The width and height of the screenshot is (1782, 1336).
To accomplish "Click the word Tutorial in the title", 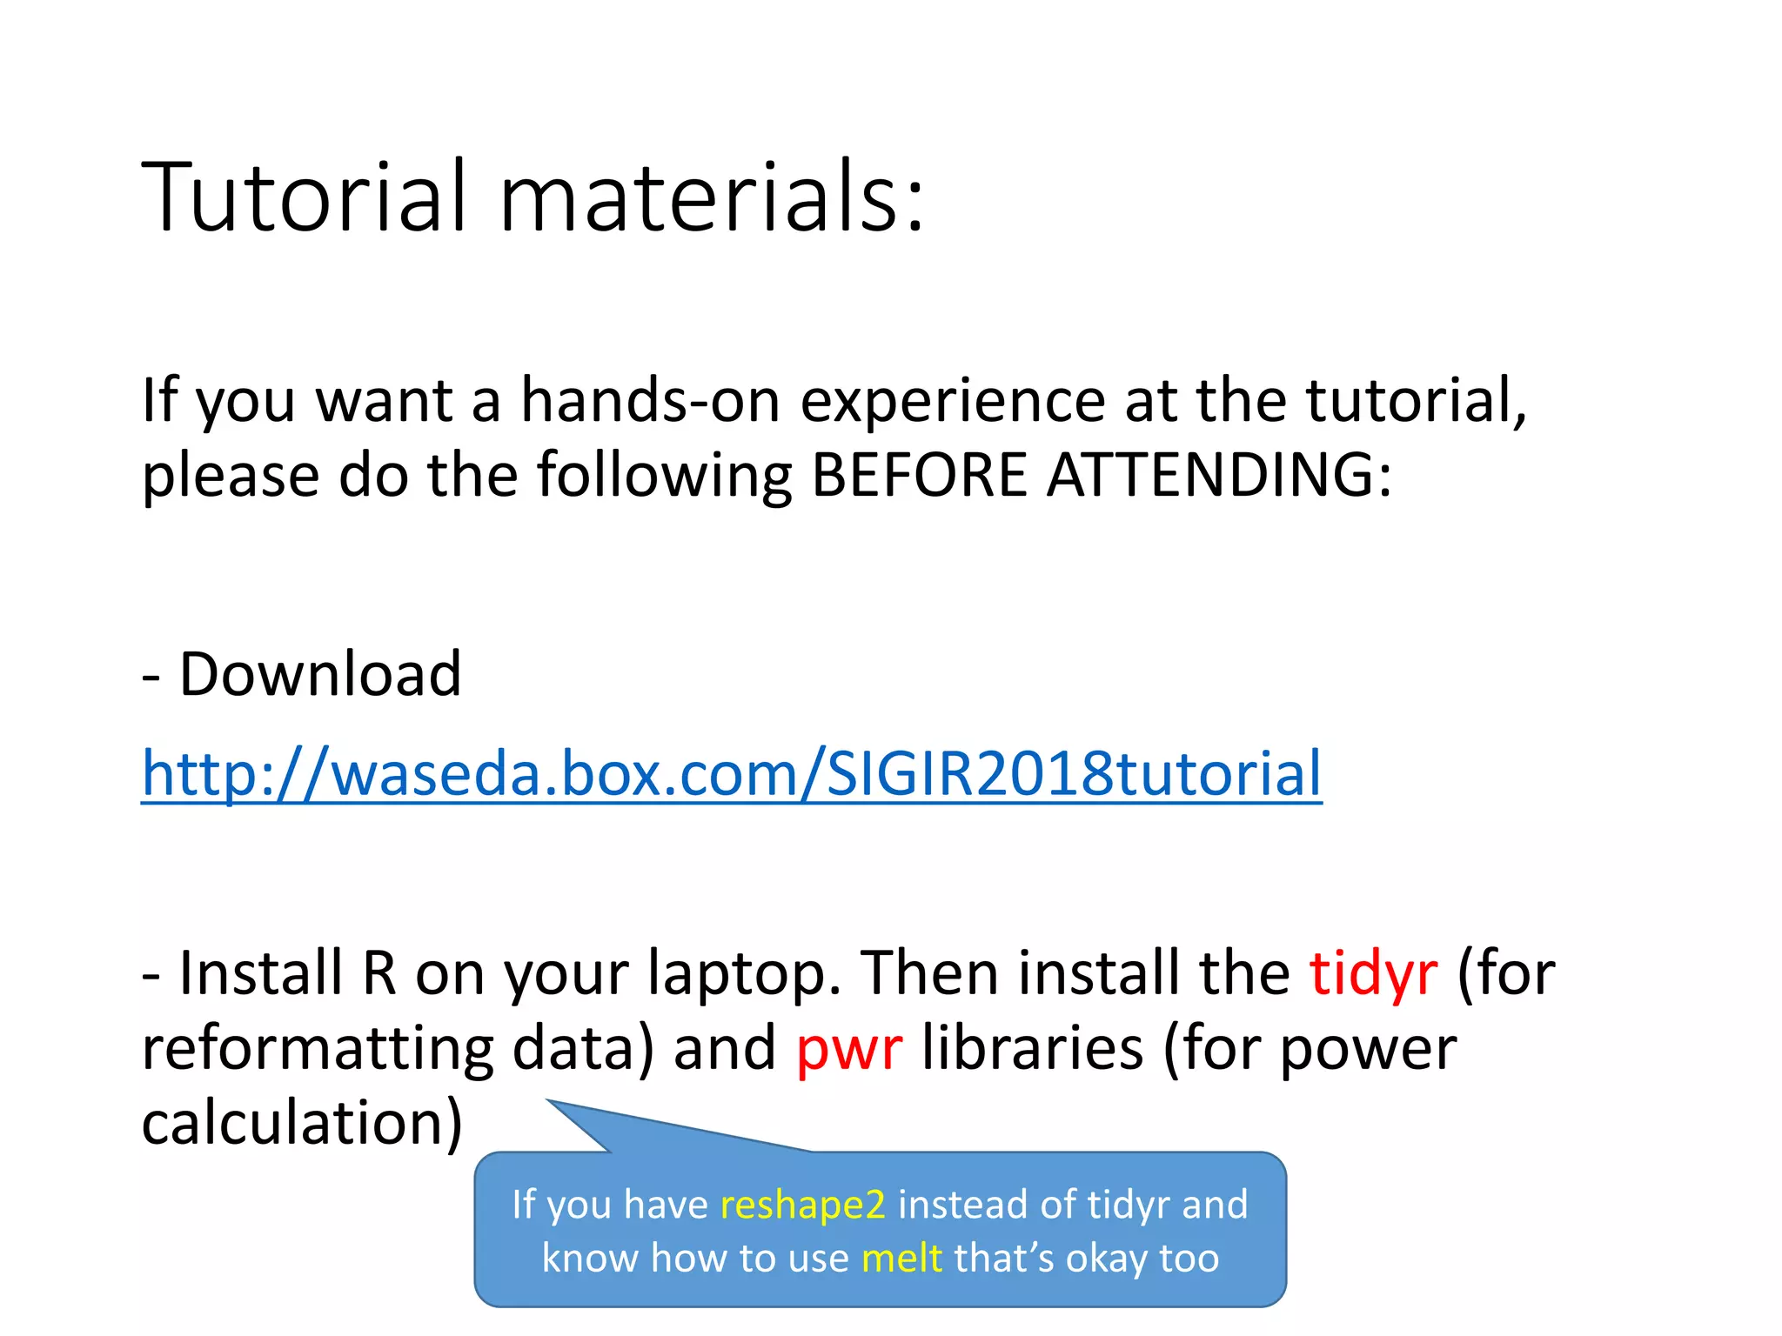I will pyautogui.click(x=304, y=197).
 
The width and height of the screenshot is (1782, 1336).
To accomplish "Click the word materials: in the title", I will pyautogui.click(x=711, y=197).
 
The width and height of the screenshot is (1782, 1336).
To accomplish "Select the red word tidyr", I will pyautogui.click(x=1373, y=973).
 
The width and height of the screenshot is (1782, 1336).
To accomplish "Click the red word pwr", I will pyautogui.click(x=848, y=1048).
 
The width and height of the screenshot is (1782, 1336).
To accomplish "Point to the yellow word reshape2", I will pyautogui.click(x=802, y=1205).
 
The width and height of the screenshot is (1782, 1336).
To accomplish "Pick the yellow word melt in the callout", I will pyautogui.click(x=901, y=1259).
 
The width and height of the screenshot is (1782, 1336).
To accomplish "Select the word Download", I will pyautogui.click(x=319, y=674).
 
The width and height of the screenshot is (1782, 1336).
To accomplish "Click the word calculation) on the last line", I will pyautogui.click(x=302, y=1123).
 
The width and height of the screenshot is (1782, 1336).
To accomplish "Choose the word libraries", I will pyautogui.click(x=1032, y=1048).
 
